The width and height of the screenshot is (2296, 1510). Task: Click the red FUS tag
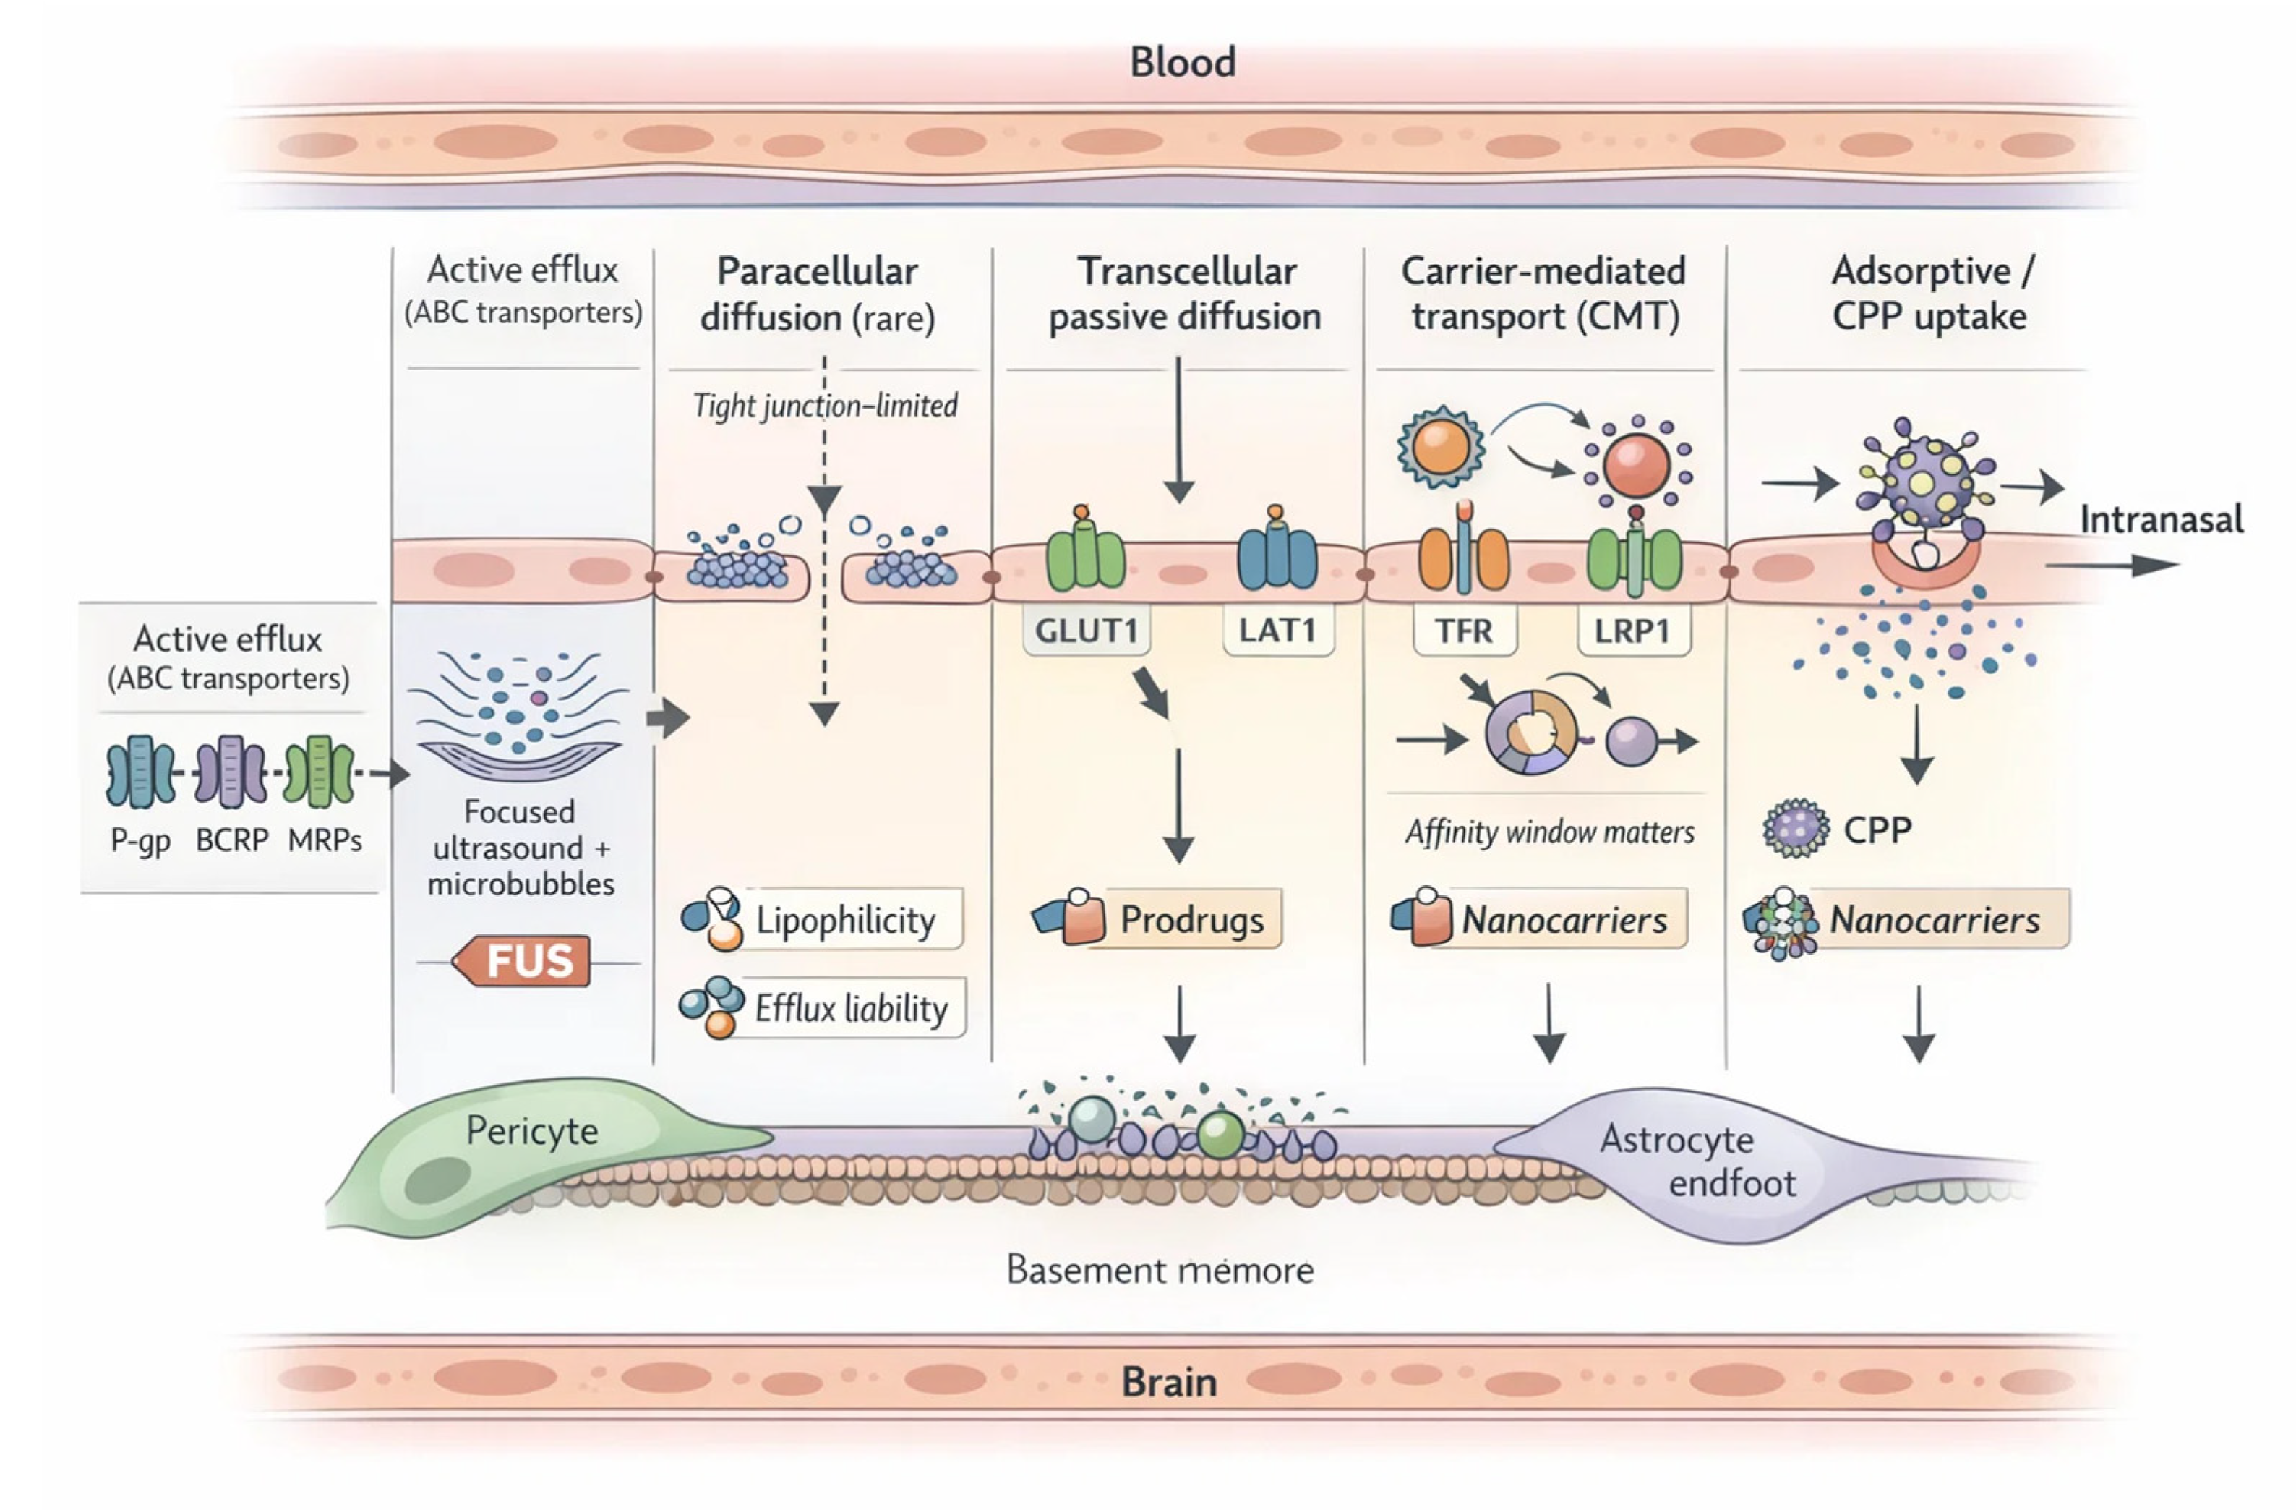523,961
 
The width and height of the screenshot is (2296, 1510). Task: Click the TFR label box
1463,631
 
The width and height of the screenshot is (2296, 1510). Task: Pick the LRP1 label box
1632,631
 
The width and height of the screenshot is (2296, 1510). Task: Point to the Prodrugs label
1191,919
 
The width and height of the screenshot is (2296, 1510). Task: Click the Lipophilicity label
845,919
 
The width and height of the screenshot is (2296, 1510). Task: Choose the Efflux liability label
850,1008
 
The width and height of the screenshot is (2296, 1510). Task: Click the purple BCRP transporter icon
231,771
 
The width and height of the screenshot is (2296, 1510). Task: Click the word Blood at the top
1183,61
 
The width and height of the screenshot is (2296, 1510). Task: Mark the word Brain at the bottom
1168,1382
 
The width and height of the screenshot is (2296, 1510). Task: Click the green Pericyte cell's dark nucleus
437,1179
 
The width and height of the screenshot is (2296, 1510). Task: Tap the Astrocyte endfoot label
1698,1161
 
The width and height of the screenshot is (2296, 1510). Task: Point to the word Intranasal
2160,519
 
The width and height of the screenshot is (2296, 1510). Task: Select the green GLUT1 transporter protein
1084,555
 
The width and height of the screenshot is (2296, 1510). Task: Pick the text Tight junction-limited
825,405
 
